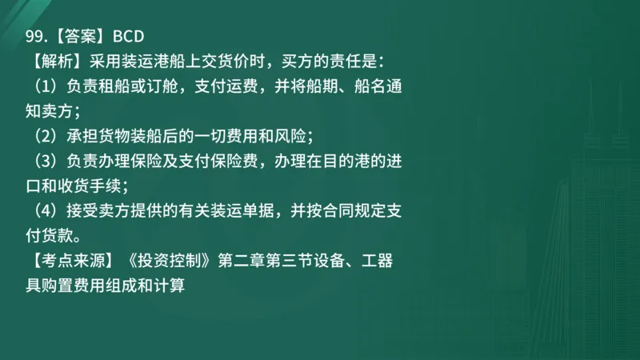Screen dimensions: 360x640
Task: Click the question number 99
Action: pos(34,35)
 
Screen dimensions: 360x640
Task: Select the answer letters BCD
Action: pos(127,35)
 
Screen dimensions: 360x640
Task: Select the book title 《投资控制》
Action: pos(168,261)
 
